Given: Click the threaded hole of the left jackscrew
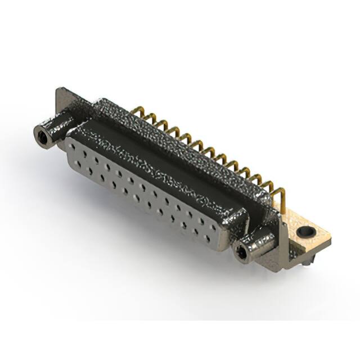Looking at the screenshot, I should (41, 135).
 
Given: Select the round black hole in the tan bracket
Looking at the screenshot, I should (306, 231).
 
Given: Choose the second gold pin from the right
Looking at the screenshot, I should (271, 188).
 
